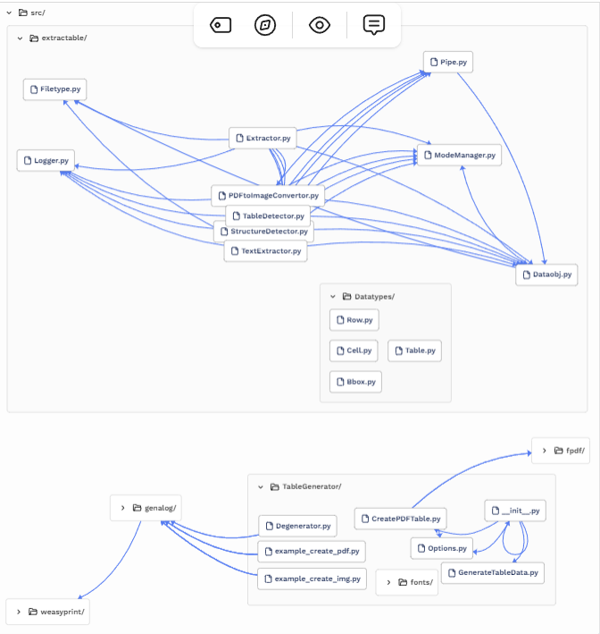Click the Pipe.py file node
coord(447,63)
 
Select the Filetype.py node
coord(54,89)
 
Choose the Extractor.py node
coord(262,138)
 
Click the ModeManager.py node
coord(458,155)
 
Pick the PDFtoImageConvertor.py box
coord(267,195)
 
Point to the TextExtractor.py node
coord(265,251)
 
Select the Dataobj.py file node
coord(546,275)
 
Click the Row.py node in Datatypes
coord(354,319)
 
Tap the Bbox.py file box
coord(354,382)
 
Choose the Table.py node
coord(414,351)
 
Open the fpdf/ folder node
coord(561,451)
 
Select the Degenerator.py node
coord(298,527)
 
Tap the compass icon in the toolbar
coord(265,25)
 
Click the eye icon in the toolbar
coord(320,25)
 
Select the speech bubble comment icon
coord(374,25)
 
